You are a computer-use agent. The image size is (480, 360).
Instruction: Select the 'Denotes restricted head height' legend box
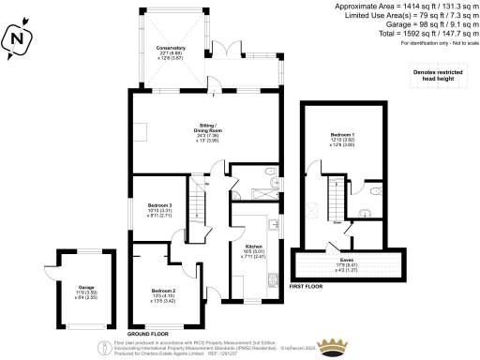437,78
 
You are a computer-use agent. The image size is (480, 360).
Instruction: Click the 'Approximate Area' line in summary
403,7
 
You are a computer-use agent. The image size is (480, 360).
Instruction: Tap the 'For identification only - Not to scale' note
422,45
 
